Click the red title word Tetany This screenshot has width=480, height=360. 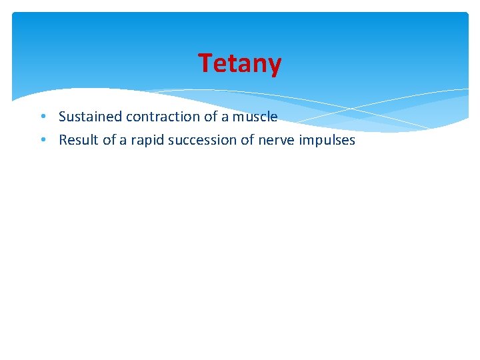240,63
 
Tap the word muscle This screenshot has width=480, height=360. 255,117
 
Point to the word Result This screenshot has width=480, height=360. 77,140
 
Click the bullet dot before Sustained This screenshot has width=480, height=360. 42,117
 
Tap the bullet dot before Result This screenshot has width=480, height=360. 42,140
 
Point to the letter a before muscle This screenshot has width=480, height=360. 225,117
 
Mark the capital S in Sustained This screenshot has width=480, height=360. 63,117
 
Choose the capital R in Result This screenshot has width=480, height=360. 63,140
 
